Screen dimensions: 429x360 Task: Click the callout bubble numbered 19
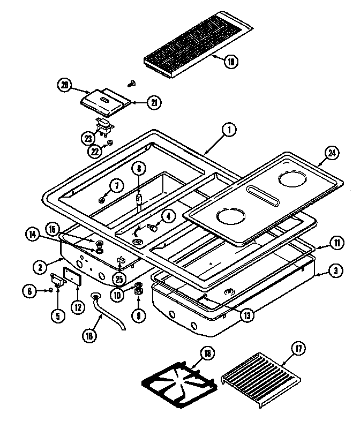pyautogui.click(x=231, y=61)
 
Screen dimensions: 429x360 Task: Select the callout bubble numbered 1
pyautogui.click(x=228, y=130)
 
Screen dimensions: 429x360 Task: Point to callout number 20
pyautogui.click(x=64, y=85)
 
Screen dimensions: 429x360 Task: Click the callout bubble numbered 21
pyautogui.click(x=154, y=102)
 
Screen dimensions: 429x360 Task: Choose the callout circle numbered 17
pyautogui.click(x=298, y=349)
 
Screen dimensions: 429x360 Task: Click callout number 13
pyautogui.click(x=247, y=314)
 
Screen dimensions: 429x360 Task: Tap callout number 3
pyautogui.click(x=334, y=272)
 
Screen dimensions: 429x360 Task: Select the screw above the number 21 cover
pyautogui.click(x=131, y=83)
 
